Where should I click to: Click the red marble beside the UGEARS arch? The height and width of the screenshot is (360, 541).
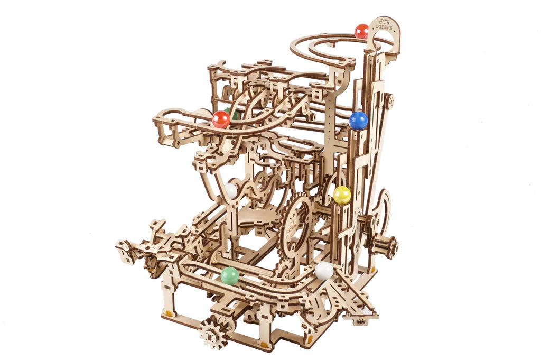(x=361, y=31)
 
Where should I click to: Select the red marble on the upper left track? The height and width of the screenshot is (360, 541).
(x=221, y=119)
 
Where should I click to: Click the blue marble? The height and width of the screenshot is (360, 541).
(x=358, y=121)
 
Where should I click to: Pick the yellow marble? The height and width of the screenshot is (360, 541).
(x=342, y=196)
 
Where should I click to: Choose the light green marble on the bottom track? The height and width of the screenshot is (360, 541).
(x=230, y=275)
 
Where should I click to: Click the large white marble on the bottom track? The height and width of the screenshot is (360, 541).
(x=324, y=271)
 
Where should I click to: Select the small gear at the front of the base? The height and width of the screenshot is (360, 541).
(x=214, y=333)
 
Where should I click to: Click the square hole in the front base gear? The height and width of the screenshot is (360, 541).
(x=214, y=333)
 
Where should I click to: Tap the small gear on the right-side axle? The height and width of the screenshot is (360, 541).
(x=386, y=246)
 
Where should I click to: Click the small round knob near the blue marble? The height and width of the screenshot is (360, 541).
(x=389, y=101)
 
